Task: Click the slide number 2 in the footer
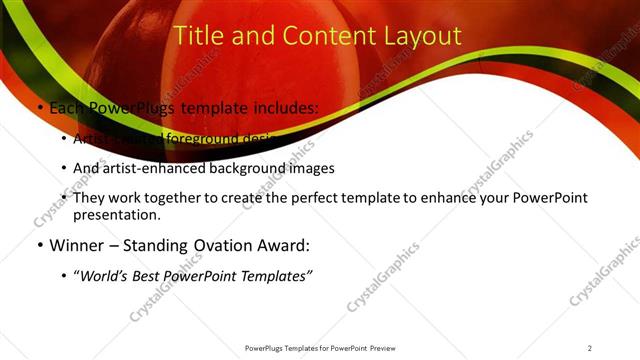[x=590, y=348]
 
